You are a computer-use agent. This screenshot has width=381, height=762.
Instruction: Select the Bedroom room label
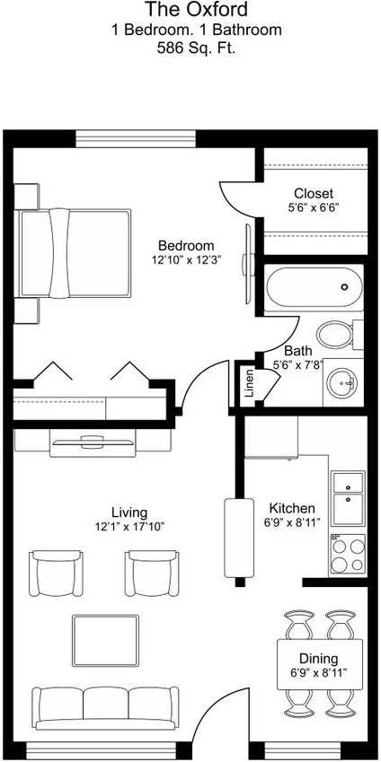click(x=186, y=246)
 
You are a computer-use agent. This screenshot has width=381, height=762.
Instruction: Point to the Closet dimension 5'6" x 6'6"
click(x=313, y=207)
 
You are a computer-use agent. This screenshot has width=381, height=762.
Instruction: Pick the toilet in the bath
click(x=336, y=335)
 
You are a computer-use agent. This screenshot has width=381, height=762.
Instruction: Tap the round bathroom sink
click(x=343, y=383)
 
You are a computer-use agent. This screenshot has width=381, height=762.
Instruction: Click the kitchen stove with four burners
click(x=349, y=556)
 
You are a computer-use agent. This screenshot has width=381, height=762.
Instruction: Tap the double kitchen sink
click(x=348, y=498)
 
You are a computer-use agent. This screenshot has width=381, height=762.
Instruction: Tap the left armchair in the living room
click(x=56, y=574)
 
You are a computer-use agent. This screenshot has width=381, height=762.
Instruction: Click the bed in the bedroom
click(x=76, y=252)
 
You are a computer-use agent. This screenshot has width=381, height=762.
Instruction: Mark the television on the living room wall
click(x=93, y=440)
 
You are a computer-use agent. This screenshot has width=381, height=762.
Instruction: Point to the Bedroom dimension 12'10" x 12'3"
click(x=186, y=259)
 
